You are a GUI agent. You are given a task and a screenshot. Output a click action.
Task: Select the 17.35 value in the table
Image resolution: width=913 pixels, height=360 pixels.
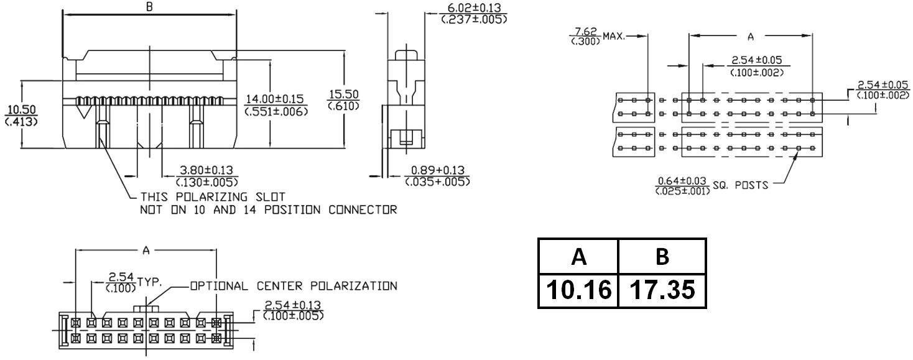(662, 290)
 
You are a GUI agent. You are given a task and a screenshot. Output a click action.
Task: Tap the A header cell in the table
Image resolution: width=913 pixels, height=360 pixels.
(578, 256)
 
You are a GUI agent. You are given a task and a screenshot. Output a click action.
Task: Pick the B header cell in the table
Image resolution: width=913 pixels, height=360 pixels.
(662, 256)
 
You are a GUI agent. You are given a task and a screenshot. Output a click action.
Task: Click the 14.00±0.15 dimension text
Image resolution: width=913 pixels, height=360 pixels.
(274, 99)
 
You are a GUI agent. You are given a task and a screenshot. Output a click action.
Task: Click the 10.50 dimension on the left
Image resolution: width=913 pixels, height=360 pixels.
(21, 109)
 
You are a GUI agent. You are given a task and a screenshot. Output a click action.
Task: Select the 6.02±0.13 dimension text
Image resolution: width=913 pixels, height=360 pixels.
(473, 8)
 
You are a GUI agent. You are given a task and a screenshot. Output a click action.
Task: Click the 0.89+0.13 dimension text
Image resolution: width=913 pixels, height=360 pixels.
(437, 170)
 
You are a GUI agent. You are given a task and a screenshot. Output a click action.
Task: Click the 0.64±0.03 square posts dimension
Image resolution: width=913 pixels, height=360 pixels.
(682, 181)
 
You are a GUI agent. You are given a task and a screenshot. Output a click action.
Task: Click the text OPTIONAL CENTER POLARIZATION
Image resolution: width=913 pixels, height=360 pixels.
(293, 287)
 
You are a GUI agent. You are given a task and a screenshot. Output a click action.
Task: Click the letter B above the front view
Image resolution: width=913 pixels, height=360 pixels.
(149, 7)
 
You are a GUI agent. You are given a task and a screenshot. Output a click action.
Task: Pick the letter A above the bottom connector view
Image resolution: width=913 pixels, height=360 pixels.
(146, 251)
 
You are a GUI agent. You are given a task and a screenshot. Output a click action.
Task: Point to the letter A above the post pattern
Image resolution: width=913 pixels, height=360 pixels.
(750, 37)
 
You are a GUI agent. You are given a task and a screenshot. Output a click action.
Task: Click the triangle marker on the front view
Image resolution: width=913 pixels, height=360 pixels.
(83, 111)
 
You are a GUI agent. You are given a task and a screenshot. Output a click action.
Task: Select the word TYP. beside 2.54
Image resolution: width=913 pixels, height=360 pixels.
(149, 281)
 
